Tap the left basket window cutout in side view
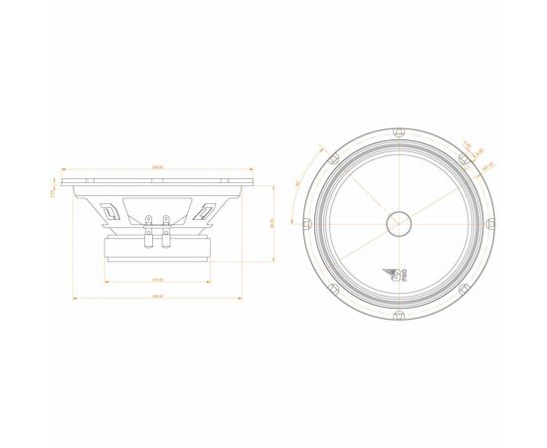pyautogui.click(x=111, y=210)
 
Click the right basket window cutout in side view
pyautogui.click(x=206, y=210)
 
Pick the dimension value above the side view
pyautogui.click(x=157, y=166)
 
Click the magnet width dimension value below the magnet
pyautogui.click(x=157, y=278)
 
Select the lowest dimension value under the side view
pyautogui.click(x=157, y=297)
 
